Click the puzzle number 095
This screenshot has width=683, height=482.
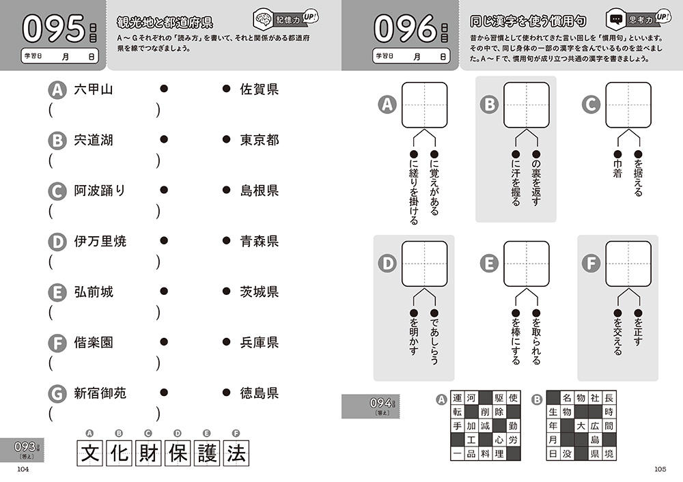click(x=53, y=29)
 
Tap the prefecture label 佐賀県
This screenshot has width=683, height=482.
click(x=259, y=89)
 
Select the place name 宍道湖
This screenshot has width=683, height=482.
click(x=94, y=140)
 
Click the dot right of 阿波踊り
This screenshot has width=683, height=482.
click(x=164, y=190)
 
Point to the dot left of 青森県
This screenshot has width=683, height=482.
click(x=226, y=240)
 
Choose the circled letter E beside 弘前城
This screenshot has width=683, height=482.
click(x=57, y=293)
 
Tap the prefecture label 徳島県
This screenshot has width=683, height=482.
click(x=259, y=393)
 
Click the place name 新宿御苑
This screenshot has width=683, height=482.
click(x=100, y=393)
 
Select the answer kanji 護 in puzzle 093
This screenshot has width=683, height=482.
click(x=207, y=453)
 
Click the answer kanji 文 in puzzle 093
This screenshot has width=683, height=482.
click(x=89, y=453)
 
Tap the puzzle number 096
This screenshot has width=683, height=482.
click(x=405, y=29)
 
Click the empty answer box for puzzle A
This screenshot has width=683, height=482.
click(x=424, y=105)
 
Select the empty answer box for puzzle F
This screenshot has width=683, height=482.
click(x=628, y=264)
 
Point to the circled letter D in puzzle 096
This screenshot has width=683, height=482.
click(x=387, y=264)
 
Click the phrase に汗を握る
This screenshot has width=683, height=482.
click(x=516, y=183)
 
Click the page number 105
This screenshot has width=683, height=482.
click(x=660, y=469)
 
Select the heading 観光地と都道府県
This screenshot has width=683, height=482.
click(x=165, y=22)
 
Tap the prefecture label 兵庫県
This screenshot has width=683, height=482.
click(x=259, y=342)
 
